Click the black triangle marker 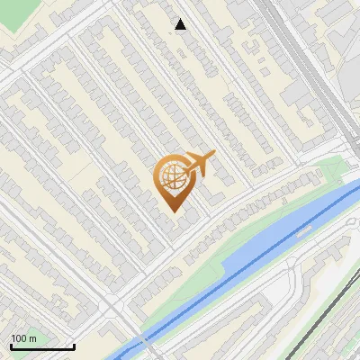(181, 24)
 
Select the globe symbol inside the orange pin (171, 176)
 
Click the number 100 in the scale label (19, 338)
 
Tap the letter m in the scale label (32, 338)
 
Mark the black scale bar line (41, 347)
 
